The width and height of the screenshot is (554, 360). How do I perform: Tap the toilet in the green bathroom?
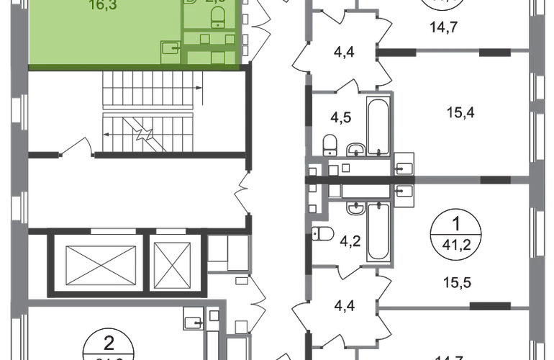tap(214, 22)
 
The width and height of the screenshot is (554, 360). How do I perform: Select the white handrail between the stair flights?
tap(147, 110)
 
